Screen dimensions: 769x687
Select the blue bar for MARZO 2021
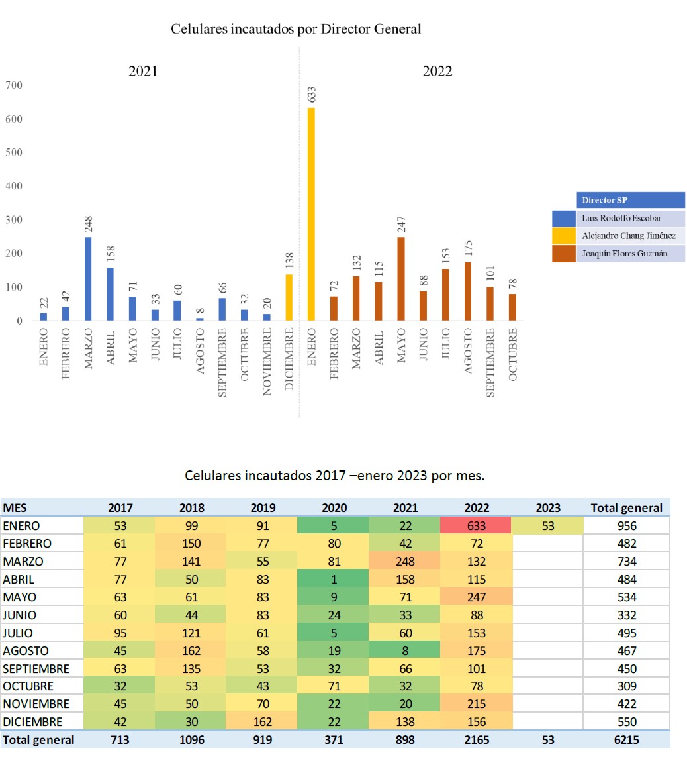88,279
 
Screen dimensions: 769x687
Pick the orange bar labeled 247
400,279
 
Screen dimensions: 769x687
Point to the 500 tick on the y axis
14,152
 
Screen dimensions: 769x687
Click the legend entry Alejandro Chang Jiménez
628,236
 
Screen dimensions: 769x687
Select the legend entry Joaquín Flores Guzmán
624,254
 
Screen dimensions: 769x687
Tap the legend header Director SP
604,200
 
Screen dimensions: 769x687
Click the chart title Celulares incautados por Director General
296,29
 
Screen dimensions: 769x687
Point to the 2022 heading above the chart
437,72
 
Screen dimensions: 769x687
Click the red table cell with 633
477,526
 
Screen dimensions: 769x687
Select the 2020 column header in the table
334,508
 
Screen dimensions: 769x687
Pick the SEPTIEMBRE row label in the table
36,668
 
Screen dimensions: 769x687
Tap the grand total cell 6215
626,740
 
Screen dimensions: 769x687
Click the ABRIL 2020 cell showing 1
334,580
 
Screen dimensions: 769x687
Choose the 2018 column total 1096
191,740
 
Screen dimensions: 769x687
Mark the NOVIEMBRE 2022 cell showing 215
477,704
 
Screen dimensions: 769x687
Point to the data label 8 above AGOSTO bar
200,311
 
